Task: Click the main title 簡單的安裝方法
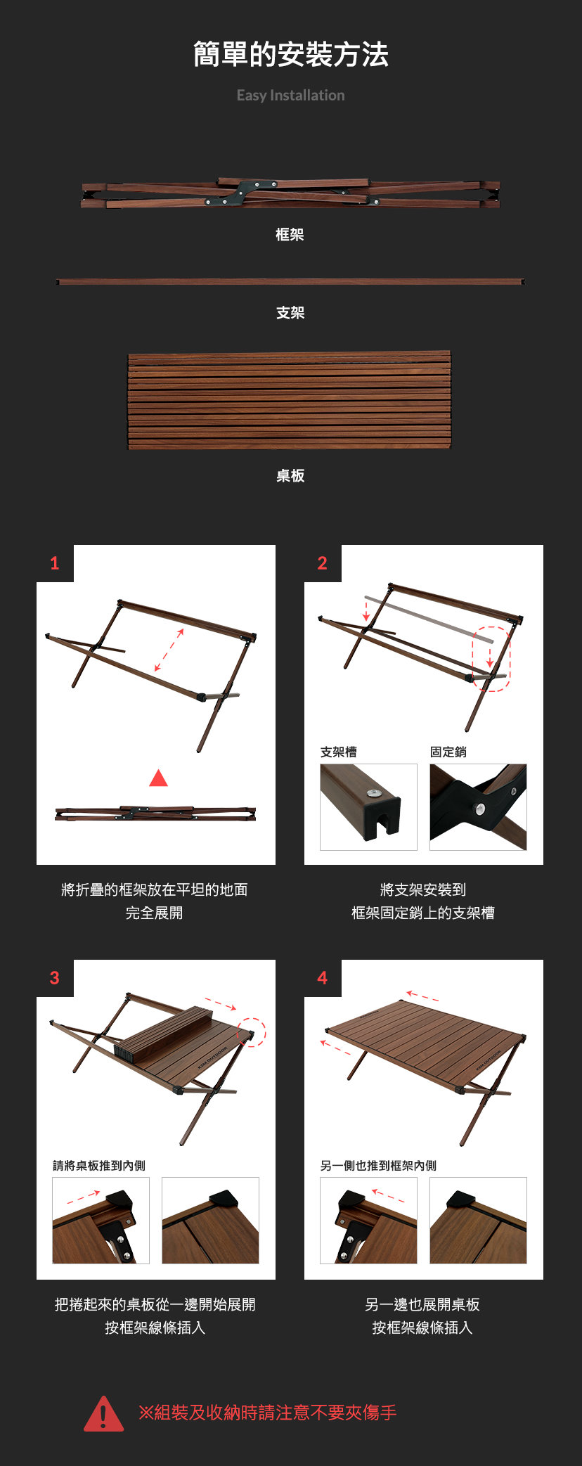pyautogui.click(x=291, y=55)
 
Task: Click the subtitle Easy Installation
pyautogui.click(x=291, y=96)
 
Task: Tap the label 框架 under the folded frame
pyautogui.click(x=290, y=235)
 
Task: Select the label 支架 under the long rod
pyautogui.click(x=290, y=313)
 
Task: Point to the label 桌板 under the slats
pyautogui.click(x=290, y=476)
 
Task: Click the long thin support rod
pyautogui.click(x=290, y=281)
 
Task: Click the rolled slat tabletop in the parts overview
pyautogui.click(x=289, y=400)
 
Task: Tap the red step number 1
pyautogui.click(x=54, y=563)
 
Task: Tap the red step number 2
pyautogui.click(x=322, y=563)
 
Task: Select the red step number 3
pyautogui.click(x=54, y=978)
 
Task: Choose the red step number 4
pyautogui.click(x=322, y=978)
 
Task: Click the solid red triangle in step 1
pyautogui.click(x=159, y=778)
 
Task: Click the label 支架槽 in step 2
pyautogui.click(x=339, y=752)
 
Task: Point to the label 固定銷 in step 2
pyautogui.click(x=448, y=752)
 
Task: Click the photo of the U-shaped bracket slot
pyautogui.click(x=368, y=807)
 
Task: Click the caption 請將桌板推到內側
pyautogui.click(x=99, y=1166)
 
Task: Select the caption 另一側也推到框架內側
pyautogui.click(x=378, y=1166)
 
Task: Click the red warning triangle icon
pyautogui.click(x=103, y=1414)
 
